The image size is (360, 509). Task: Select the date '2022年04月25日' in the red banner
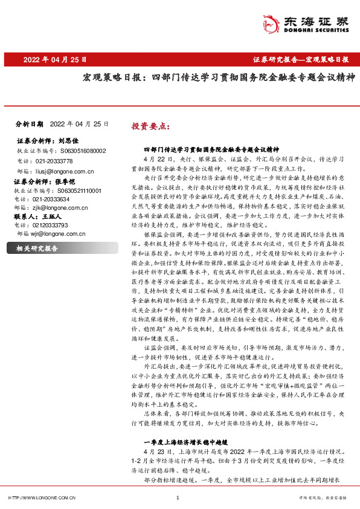[x=56, y=60]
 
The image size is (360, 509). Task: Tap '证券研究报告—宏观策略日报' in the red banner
[x=300, y=60]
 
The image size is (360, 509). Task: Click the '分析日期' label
[x=29, y=123]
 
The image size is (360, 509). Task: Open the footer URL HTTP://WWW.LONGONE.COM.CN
[x=41, y=498]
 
